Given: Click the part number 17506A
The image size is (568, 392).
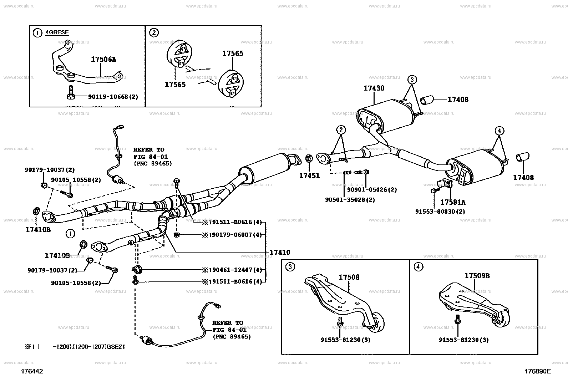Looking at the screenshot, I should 103,60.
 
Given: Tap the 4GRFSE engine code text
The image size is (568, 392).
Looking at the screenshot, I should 57,32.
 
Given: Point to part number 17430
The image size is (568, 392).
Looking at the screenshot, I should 374,88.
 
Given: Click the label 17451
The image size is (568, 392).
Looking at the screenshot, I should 309,175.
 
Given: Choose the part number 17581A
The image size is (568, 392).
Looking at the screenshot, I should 452,202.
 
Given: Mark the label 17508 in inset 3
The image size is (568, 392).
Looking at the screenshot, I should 349,277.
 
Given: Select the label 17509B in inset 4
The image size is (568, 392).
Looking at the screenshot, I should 477,276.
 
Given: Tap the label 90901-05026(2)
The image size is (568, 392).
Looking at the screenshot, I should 372,190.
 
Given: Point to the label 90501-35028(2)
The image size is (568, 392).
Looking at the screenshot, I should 350,200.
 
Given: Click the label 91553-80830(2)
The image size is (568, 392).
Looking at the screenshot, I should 440,211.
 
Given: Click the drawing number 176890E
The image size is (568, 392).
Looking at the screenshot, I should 537,371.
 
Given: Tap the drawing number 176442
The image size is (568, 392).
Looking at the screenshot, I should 32,371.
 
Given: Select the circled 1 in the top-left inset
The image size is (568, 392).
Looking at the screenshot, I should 37,33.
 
